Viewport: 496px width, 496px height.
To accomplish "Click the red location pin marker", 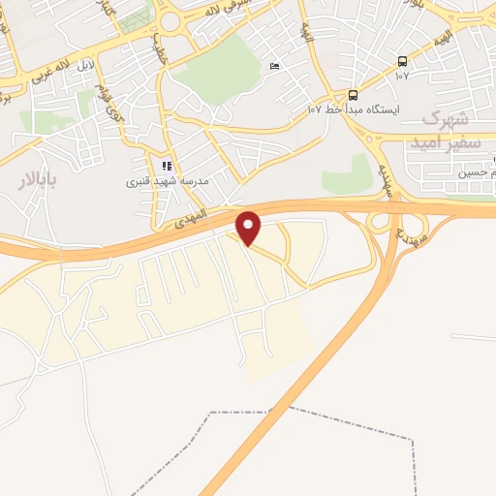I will [250, 228].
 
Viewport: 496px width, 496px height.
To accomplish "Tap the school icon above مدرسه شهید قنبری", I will [167, 167].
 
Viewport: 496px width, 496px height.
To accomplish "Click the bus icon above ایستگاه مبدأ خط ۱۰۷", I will [352, 95].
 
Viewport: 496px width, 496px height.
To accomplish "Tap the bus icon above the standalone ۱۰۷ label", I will [402, 61].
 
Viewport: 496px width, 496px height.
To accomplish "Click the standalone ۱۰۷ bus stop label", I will [402, 76].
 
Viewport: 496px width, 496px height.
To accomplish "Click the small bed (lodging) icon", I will [274, 67].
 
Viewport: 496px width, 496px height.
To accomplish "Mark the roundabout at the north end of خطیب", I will [171, 20].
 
